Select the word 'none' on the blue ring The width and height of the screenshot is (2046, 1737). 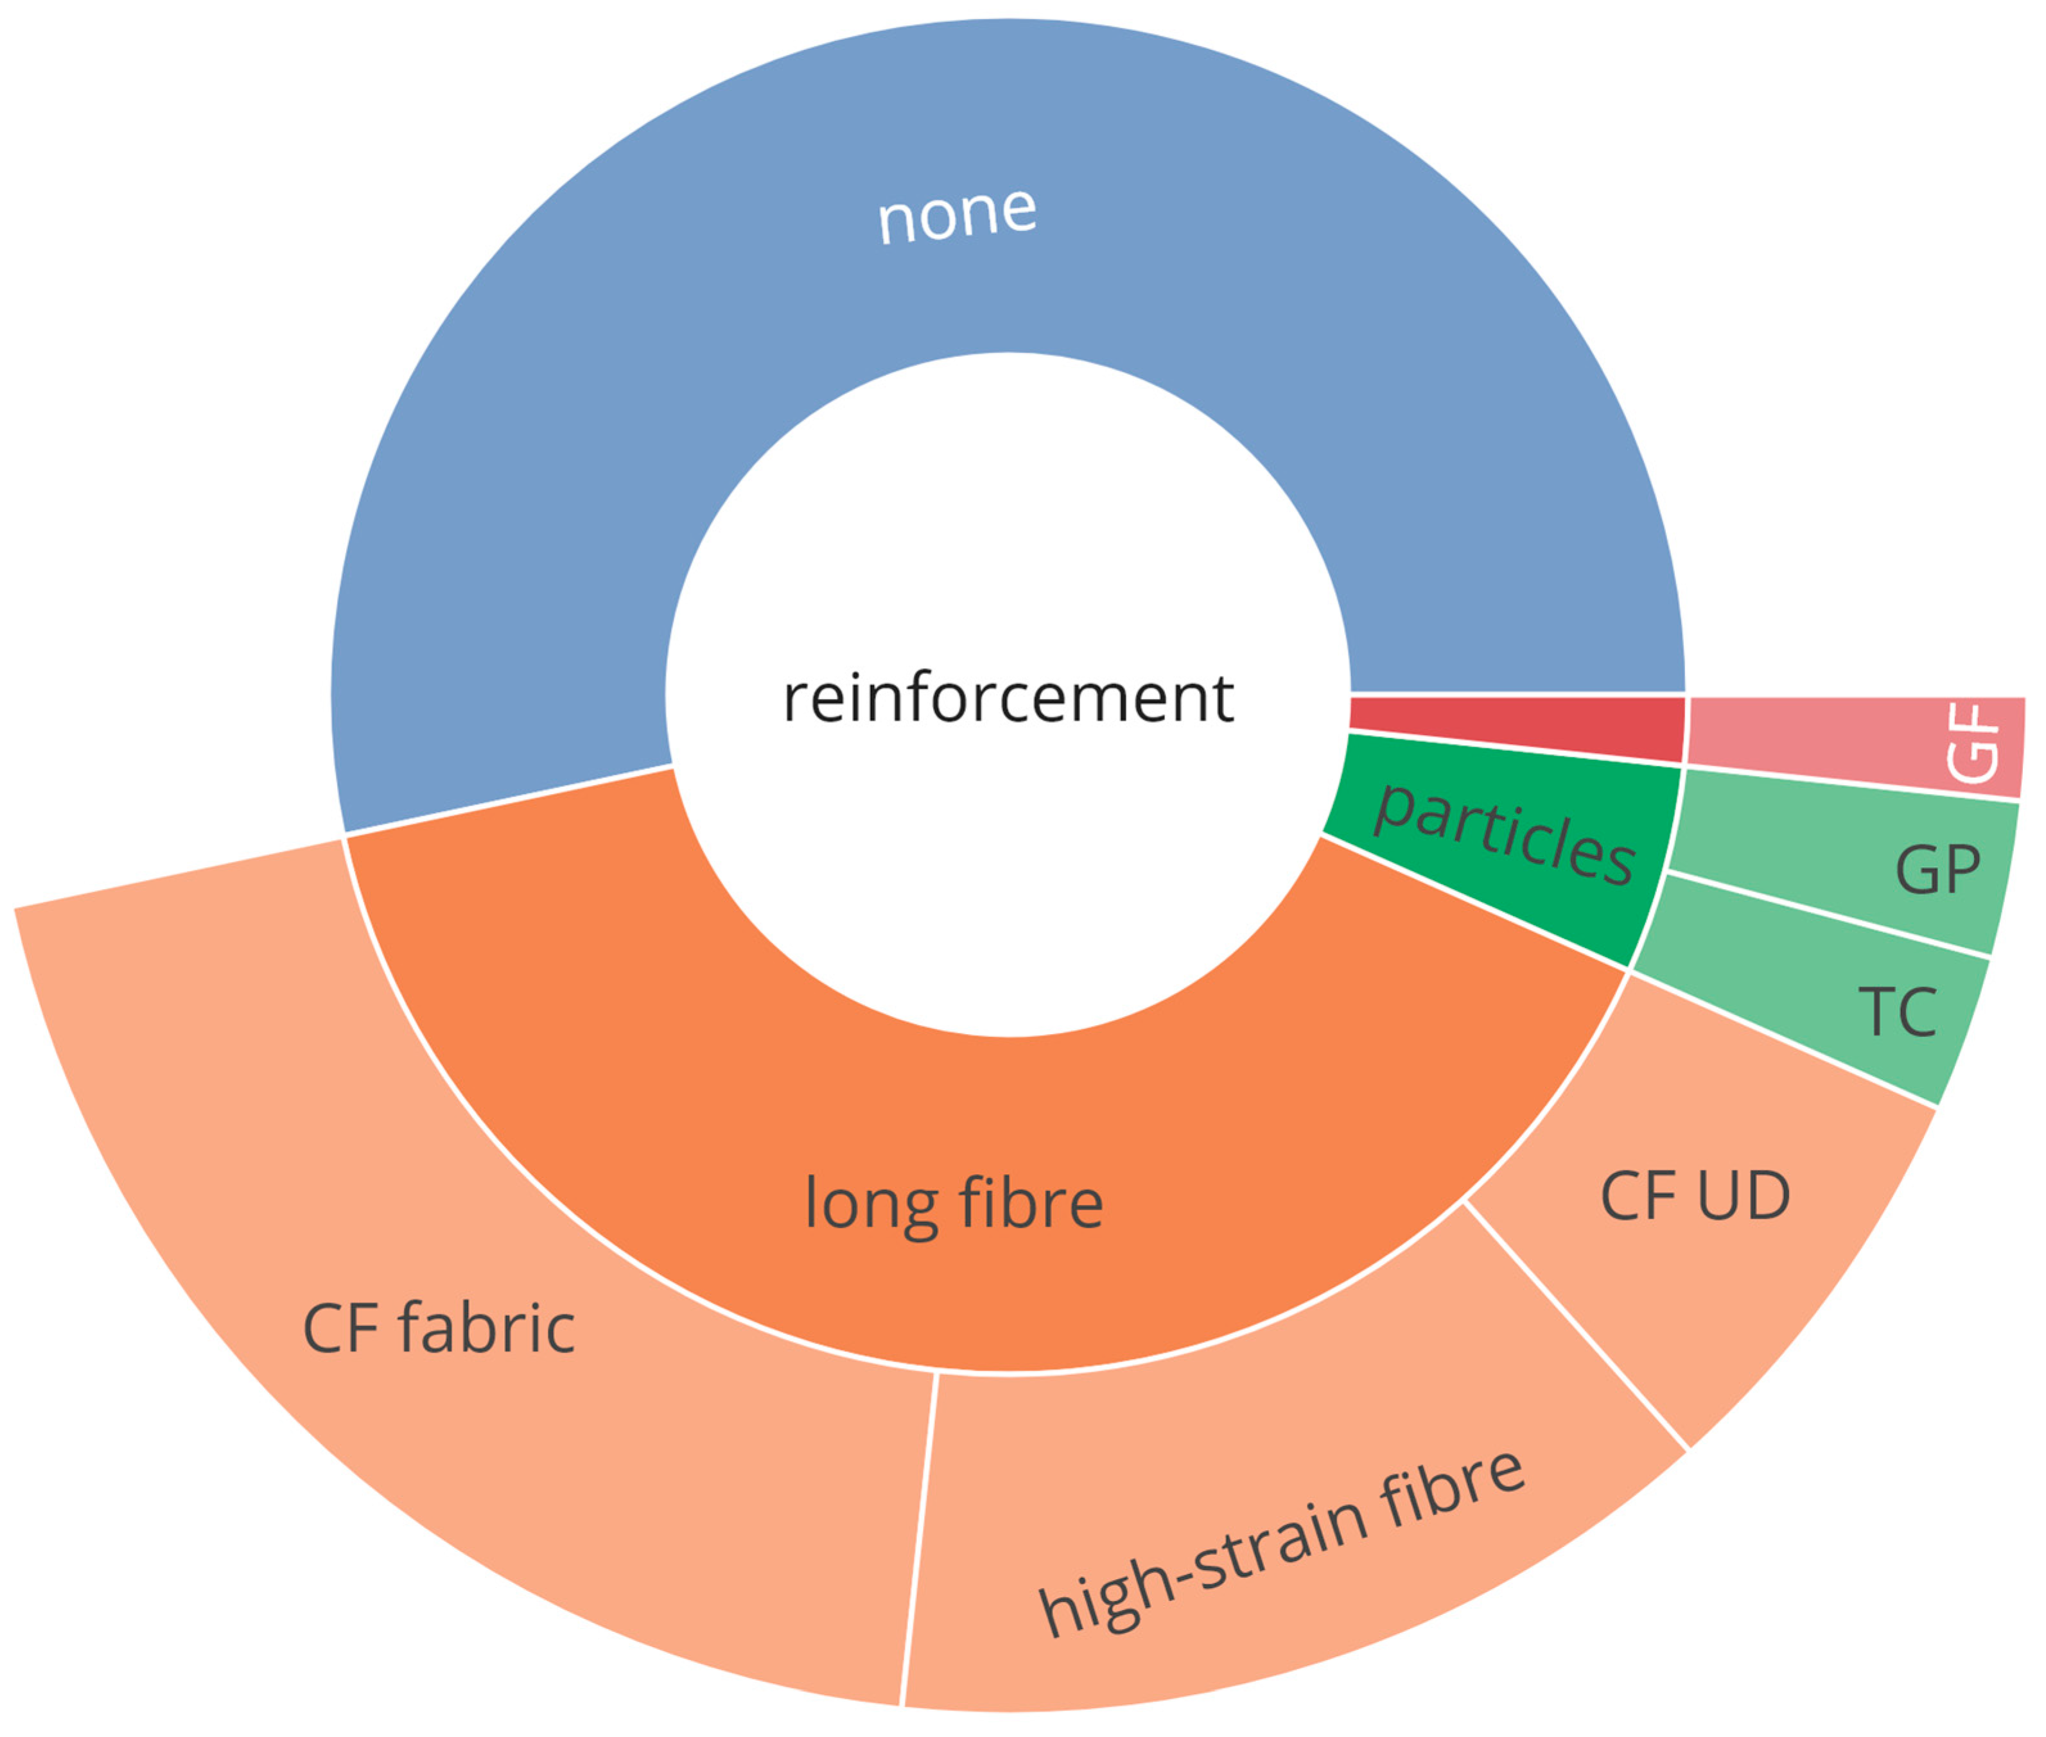click(956, 214)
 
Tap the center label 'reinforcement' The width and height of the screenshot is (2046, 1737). click(1008, 698)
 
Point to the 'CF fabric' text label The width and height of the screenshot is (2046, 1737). click(439, 1327)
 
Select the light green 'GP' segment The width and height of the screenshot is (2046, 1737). click(1842, 861)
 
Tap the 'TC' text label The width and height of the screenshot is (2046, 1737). click(1897, 1011)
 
